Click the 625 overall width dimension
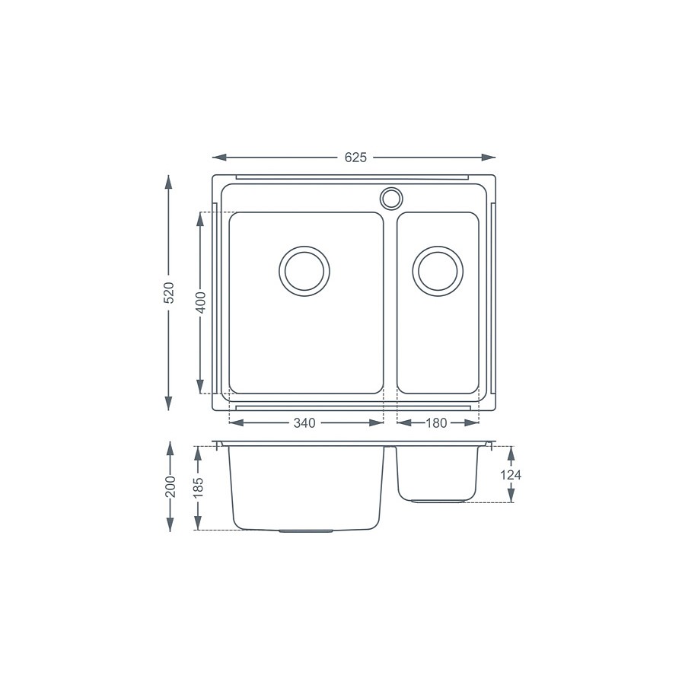[355, 158]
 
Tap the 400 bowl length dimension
[200, 302]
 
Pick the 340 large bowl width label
[304, 423]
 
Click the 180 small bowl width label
[436, 423]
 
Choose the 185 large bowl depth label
[199, 487]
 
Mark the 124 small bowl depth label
[511, 475]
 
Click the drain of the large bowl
[304, 269]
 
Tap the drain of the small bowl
[437, 269]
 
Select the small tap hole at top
[391, 198]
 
